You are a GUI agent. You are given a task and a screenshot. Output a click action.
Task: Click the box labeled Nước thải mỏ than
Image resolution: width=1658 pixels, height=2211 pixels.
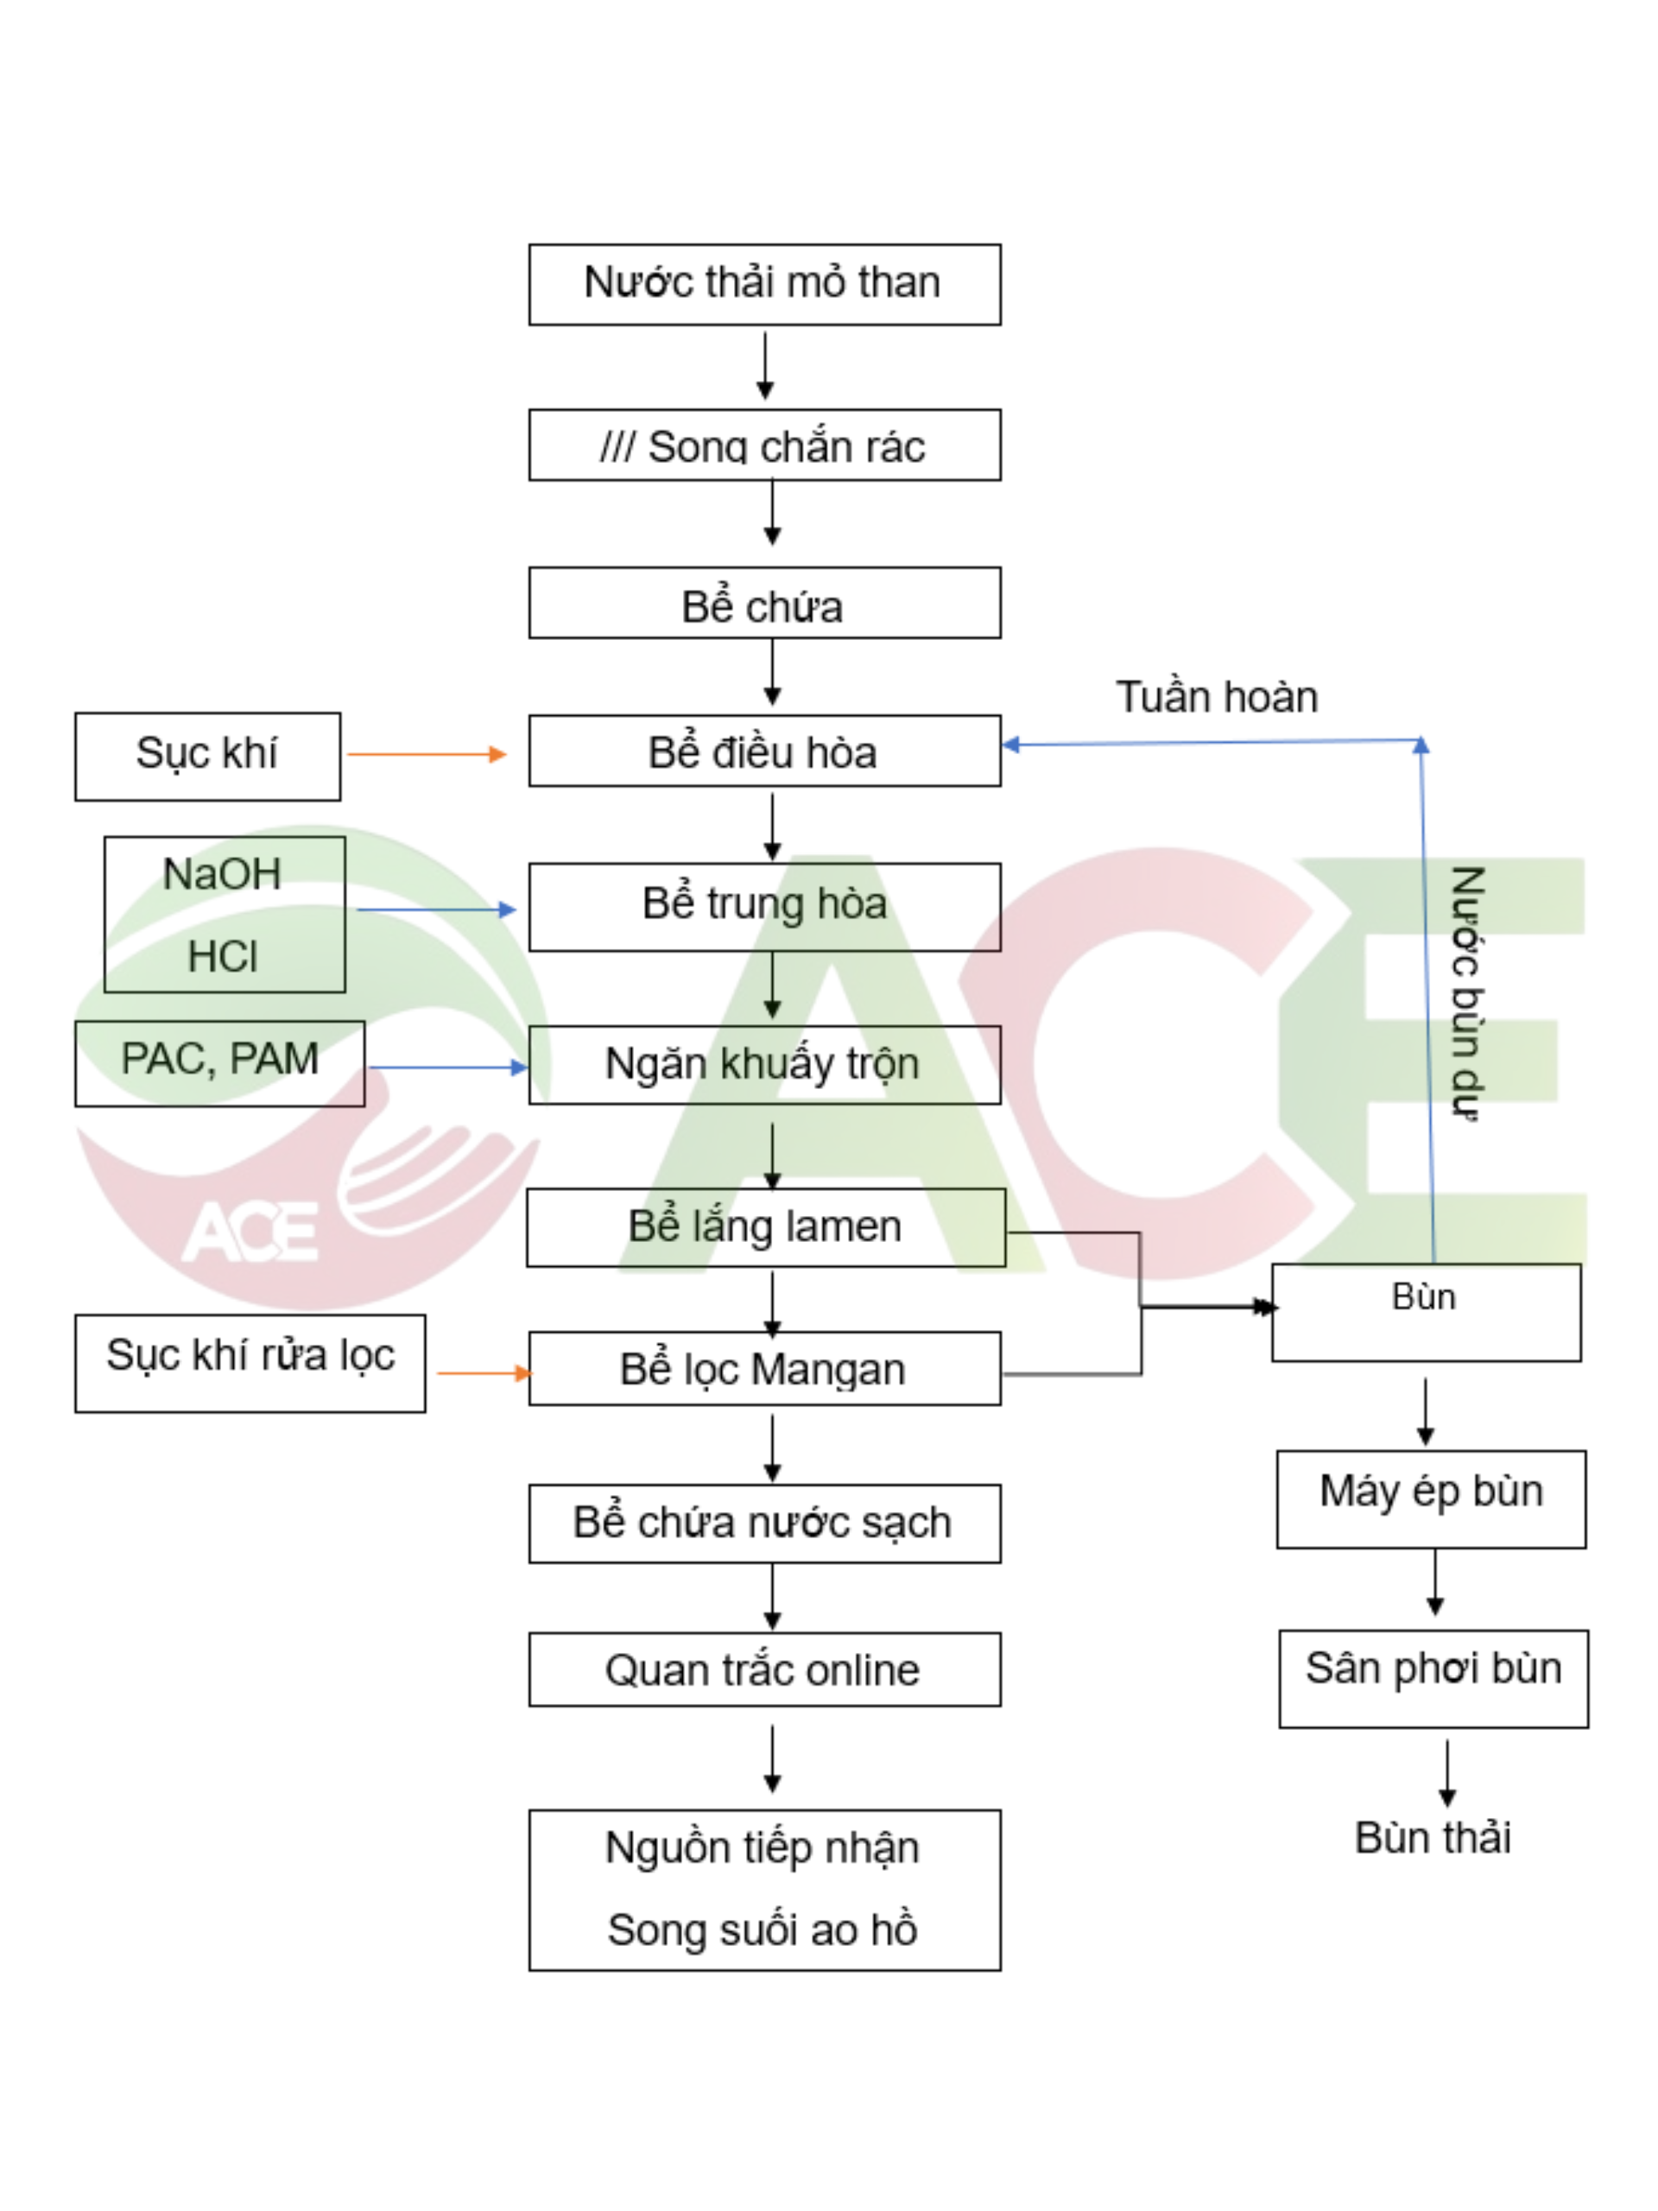click(x=763, y=284)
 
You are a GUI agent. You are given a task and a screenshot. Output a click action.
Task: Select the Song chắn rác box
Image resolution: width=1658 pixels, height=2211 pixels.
click(x=763, y=445)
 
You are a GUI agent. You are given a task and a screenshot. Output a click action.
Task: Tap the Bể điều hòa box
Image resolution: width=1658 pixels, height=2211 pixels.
click(x=763, y=751)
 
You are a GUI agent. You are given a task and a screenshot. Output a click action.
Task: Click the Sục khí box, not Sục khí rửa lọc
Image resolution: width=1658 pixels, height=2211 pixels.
click(x=207, y=756)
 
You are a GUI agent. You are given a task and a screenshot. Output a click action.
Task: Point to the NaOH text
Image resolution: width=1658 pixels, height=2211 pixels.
click(x=222, y=875)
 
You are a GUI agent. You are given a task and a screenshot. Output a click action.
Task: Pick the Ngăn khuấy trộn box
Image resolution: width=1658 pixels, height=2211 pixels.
click(x=763, y=1063)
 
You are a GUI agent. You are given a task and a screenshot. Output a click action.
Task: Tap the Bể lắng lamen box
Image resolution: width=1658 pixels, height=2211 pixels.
click(x=764, y=1226)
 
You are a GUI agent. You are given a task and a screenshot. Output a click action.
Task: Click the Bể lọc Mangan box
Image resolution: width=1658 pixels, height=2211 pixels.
click(x=763, y=1367)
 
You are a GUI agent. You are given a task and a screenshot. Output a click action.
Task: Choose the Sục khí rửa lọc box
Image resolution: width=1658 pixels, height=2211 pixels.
click(x=250, y=1361)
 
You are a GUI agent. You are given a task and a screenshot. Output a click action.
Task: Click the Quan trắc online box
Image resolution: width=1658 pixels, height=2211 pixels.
click(x=763, y=1669)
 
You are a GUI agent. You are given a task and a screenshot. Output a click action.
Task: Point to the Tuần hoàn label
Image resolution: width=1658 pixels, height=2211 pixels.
click(x=1215, y=697)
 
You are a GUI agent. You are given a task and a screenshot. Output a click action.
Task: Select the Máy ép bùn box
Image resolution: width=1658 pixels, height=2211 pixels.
click(x=1430, y=1498)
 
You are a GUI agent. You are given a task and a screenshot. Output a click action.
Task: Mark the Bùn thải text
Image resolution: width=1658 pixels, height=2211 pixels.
click(x=1431, y=1837)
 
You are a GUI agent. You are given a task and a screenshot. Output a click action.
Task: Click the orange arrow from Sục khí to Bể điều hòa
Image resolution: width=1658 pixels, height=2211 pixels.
click(x=426, y=754)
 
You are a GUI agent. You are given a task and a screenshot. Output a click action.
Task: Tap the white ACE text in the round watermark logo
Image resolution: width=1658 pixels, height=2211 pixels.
click(x=250, y=1231)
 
